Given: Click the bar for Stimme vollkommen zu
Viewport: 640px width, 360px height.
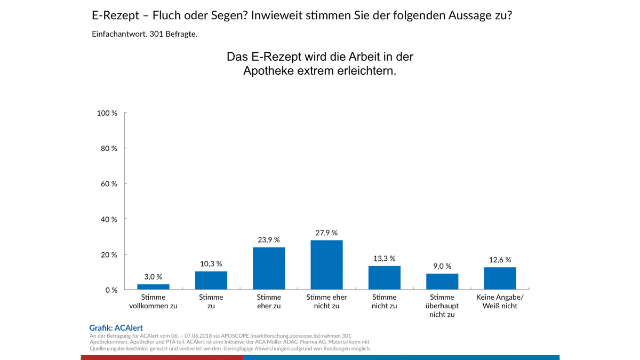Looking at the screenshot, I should (153, 287).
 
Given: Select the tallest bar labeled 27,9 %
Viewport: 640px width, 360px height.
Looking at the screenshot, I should (326, 265).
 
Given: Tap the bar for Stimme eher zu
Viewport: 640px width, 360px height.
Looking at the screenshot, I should (269, 268).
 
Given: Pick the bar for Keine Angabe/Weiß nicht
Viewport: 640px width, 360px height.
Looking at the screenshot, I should (500, 278).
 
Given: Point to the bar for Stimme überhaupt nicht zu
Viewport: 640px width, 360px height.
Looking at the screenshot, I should (442, 282).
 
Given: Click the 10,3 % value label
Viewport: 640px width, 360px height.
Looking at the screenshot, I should (211, 263).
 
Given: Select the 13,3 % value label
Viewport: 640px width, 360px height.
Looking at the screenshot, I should (385, 258).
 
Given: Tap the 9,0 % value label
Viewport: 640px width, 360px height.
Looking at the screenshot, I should (442, 266).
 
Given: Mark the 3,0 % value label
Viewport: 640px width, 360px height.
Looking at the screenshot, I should (153, 276).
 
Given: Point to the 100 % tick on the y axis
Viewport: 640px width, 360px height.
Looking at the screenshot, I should (107, 113).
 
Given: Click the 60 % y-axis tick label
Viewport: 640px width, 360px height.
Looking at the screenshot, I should (109, 183).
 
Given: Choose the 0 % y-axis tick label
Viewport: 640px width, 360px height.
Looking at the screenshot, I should (111, 290).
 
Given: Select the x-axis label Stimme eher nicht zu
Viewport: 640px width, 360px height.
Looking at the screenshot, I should (326, 301).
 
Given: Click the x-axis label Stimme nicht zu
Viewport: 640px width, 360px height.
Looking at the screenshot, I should (385, 301).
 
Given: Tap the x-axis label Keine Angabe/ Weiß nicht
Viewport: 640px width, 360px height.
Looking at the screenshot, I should (500, 301).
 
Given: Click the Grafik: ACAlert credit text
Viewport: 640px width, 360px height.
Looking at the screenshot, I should (116, 328).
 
